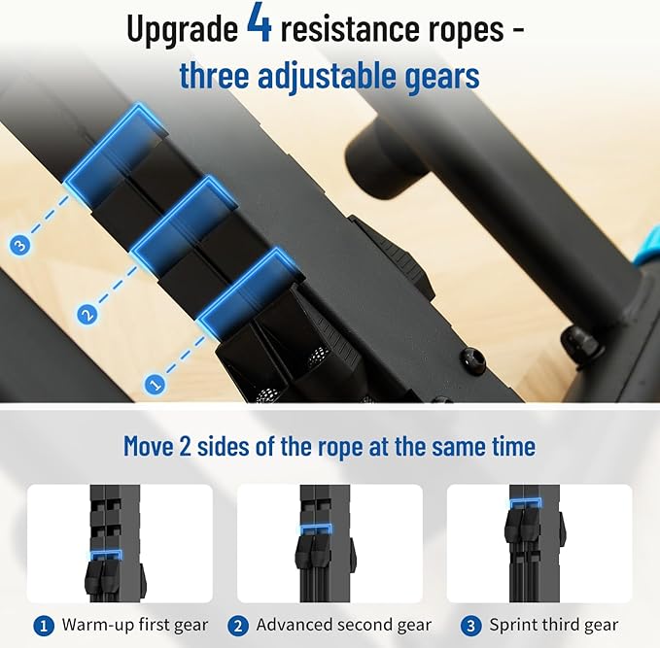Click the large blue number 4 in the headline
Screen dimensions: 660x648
point(260,24)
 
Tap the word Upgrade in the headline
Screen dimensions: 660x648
point(183,29)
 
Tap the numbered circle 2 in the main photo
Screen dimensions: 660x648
point(87,315)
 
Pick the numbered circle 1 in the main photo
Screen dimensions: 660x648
point(155,384)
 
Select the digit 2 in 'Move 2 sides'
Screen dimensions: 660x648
point(186,446)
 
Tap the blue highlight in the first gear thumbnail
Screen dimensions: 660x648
point(106,556)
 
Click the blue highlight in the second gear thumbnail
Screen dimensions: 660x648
point(316,529)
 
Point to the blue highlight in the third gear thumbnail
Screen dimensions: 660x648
point(525,502)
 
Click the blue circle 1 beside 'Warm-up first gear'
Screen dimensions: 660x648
point(44,626)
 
